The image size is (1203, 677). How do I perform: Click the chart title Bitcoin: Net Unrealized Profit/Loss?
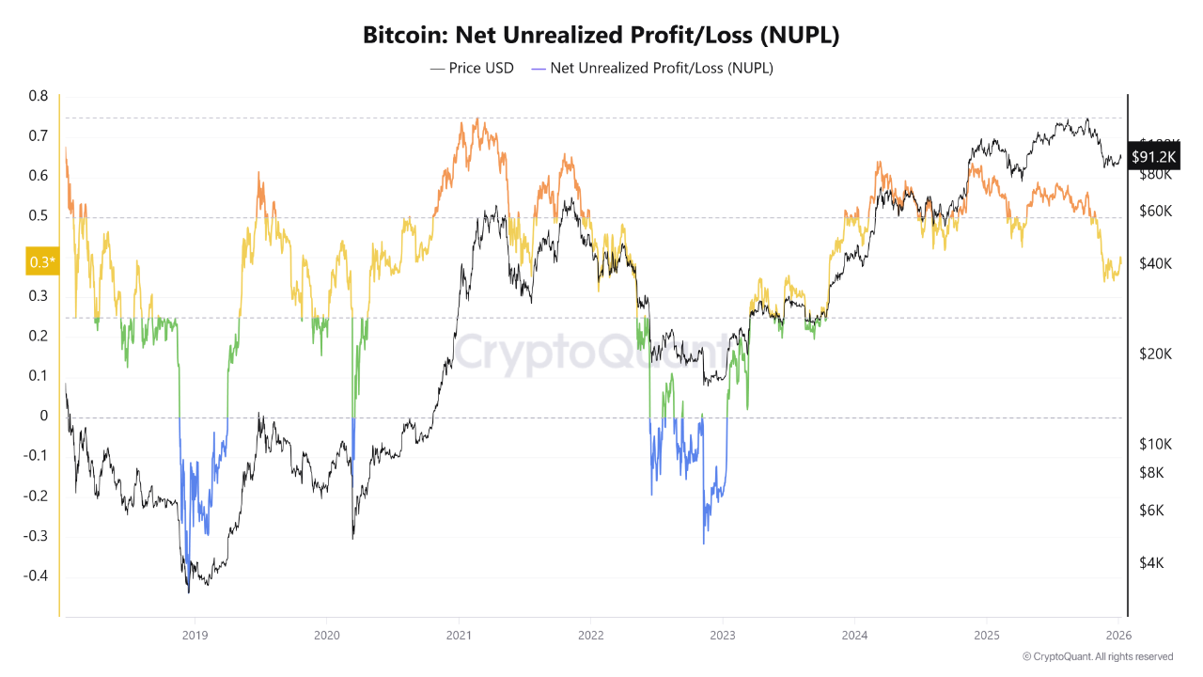tap(601, 36)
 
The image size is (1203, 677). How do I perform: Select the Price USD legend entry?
tap(473, 68)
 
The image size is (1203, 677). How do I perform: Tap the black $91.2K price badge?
tap(1153, 157)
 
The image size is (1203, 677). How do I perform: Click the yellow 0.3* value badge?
tap(42, 262)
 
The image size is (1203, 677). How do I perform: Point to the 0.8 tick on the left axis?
tap(38, 96)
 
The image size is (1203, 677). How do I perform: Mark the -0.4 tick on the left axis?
tap(36, 576)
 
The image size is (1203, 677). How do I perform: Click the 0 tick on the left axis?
tap(42, 417)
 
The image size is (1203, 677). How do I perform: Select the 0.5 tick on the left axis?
tap(38, 216)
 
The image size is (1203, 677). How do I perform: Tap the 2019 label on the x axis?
tap(194, 635)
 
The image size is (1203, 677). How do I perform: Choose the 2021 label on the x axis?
tap(459, 635)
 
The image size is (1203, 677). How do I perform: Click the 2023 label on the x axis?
tap(723, 635)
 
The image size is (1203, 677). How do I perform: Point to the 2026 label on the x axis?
tap(1118, 635)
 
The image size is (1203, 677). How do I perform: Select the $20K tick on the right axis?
tap(1155, 354)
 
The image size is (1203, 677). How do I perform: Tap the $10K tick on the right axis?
tap(1155, 444)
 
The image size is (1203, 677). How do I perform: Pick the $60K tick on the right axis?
tap(1155, 211)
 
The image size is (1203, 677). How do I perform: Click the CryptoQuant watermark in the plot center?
tap(592, 355)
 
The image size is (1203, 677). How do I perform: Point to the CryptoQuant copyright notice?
tap(1097, 656)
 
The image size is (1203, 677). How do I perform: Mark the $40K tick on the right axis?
tap(1155, 263)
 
